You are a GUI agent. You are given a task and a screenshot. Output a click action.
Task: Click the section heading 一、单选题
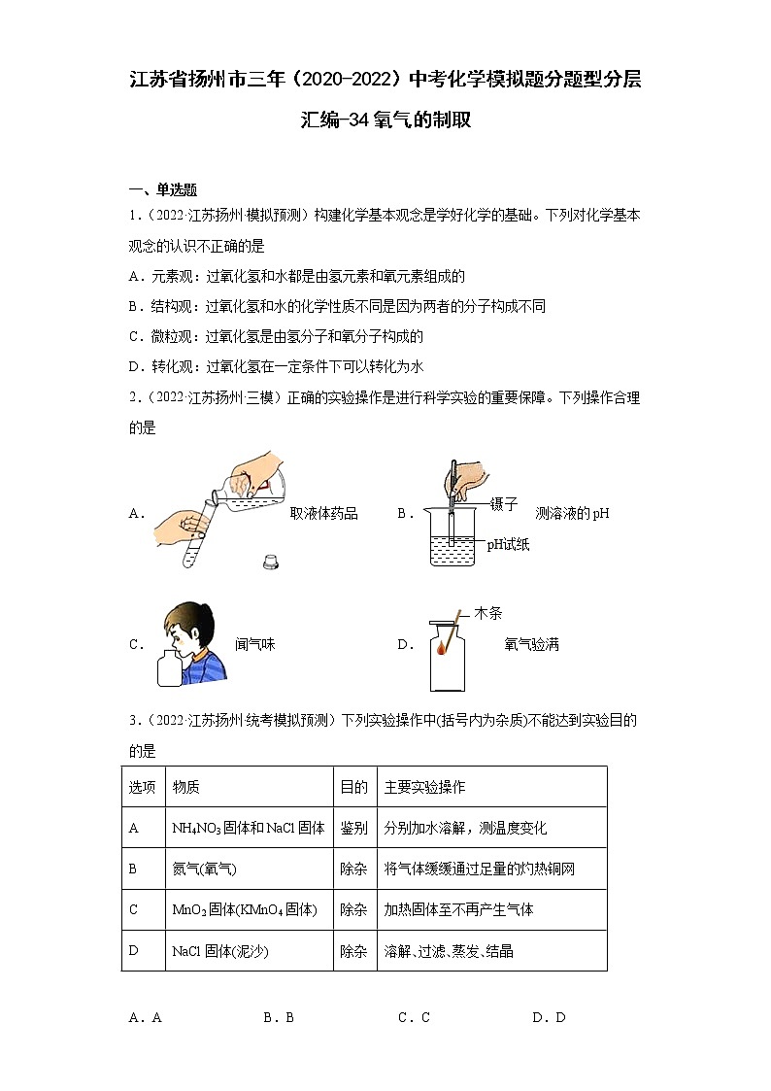[x=163, y=190]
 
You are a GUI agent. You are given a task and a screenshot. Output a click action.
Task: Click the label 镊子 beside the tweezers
[x=504, y=504]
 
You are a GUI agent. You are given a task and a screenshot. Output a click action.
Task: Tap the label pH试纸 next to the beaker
[x=508, y=545]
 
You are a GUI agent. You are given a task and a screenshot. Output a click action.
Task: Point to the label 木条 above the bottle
[x=488, y=614]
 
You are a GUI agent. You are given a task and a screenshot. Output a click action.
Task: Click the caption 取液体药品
[x=323, y=514]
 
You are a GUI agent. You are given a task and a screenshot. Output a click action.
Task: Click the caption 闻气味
[x=254, y=644]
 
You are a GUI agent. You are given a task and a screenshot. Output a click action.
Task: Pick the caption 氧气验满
[x=531, y=644]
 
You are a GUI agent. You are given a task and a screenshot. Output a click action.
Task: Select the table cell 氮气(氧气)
[x=204, y=869]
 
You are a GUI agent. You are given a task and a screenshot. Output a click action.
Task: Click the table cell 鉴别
[x=353, y=828]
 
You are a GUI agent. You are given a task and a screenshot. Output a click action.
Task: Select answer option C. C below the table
[x=414, y=1017]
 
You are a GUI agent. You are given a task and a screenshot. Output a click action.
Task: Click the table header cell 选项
[x=142, y=787]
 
